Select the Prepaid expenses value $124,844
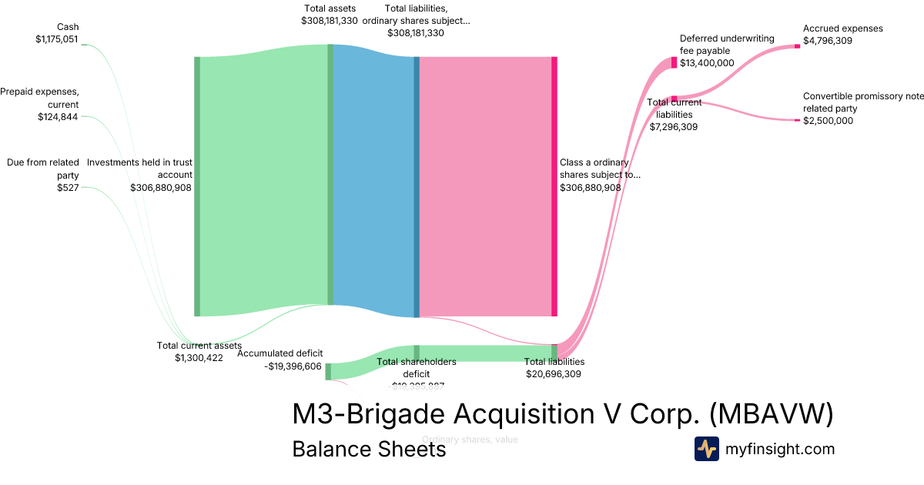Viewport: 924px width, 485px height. (x=58, y=117)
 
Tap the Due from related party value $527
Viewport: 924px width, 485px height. (x=68, y=187)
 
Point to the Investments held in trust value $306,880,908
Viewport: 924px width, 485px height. (x=161, y=187)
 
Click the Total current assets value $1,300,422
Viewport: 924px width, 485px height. (x=199, y=358)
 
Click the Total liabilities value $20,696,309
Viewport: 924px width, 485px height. (x=554, y=374)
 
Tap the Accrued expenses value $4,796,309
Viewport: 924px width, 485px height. (x=828, y=41)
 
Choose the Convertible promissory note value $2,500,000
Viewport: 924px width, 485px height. (x=828, y=121)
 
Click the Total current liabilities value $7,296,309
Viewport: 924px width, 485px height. (x=674, y=126)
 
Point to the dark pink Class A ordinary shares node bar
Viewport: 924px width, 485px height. (x=554, y=186)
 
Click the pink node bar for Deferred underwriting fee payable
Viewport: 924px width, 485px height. (x=674, y=62)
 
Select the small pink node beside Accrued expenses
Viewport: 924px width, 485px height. (x=797, y=46)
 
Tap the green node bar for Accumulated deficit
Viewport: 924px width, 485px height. (x=328, y=372)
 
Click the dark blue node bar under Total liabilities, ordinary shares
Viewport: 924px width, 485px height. (x=417, y=186)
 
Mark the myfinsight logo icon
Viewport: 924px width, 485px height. (x=706, y=449)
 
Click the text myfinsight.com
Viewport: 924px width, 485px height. (x=780, y=449)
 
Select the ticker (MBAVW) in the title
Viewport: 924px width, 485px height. (x=770, y=414)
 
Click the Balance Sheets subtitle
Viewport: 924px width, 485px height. (x=369, y=449)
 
